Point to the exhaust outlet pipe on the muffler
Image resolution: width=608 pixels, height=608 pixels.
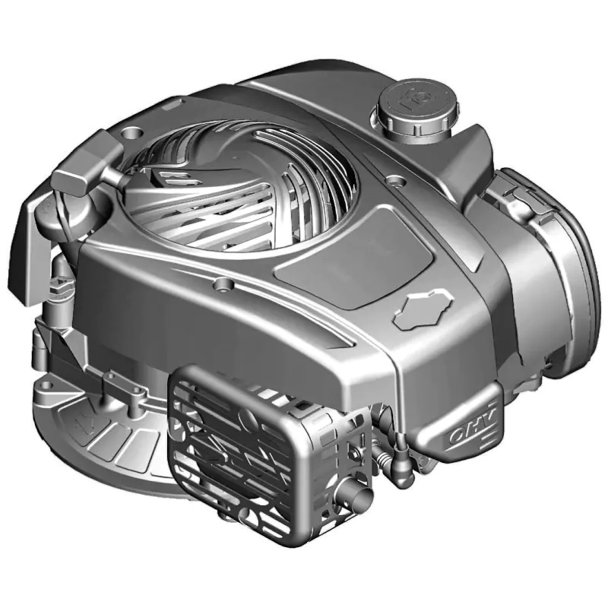click(x=355, y=493)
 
